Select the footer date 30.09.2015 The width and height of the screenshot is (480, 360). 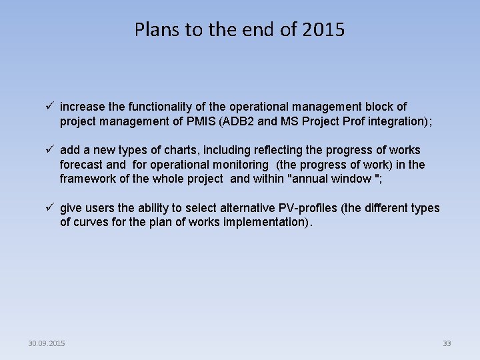(47, 343)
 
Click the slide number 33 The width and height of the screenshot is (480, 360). (447, 343)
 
